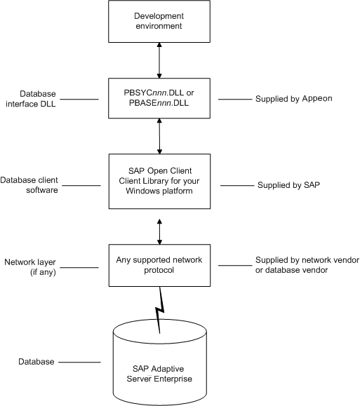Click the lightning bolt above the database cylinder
click(160, 310)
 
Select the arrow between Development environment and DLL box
click(159, 60)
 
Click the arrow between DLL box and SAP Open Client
click(159, 136)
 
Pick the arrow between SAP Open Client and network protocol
click(160, 231)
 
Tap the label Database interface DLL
click(31, 99)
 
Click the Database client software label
click(29, 185)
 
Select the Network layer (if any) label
click(30, 267)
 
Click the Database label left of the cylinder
click(36, 362)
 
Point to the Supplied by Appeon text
click(294, 99)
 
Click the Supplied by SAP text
click(288, 185)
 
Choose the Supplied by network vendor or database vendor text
click(307, 265)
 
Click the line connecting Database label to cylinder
click(79, 362)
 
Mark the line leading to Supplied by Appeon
click(235, 99)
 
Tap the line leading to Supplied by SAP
click(237, 185)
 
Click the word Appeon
click(317, 99)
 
